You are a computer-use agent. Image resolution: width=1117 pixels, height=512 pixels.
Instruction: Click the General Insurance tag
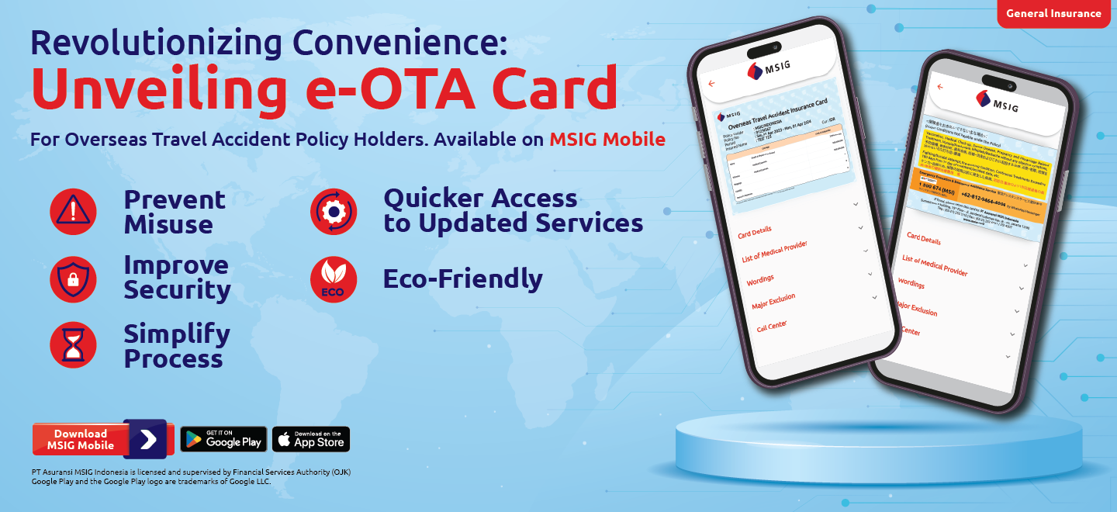1053,13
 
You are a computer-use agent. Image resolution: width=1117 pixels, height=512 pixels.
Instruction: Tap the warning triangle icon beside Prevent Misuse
73,211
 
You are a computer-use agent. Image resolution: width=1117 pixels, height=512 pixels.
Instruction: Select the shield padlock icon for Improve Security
73,278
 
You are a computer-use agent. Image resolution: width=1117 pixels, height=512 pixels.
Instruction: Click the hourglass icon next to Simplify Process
73,345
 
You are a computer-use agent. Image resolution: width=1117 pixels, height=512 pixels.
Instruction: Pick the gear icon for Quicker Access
334,211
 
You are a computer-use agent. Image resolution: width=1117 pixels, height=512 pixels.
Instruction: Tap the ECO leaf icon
334,278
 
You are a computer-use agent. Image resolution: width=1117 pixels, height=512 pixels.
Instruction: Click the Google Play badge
223,439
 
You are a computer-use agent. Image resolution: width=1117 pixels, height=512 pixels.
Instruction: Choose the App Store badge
311,439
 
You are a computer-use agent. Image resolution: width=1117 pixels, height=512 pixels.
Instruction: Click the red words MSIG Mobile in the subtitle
607,140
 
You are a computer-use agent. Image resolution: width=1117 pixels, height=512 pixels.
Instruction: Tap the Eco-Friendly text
462,278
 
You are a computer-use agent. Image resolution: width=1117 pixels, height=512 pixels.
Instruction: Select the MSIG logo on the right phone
999,101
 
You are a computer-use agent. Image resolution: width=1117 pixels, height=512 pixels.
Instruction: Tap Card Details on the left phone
754,232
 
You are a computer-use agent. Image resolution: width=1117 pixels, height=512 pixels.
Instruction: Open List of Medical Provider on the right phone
934,265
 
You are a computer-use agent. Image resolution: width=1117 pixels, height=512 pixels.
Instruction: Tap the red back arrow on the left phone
711,83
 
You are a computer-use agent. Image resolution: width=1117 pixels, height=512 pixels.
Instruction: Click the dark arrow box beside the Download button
145,439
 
